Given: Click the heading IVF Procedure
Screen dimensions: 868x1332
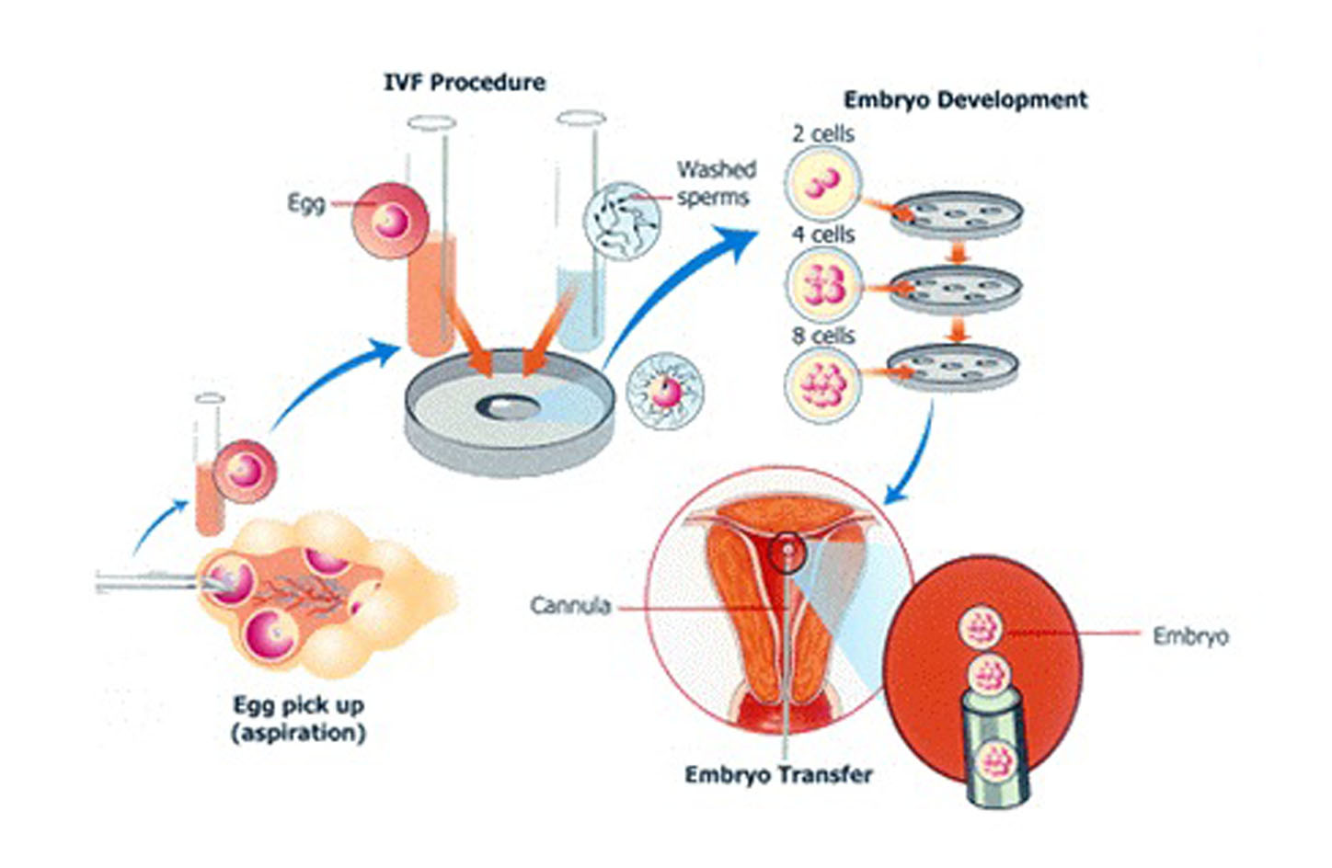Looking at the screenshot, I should point(464,83).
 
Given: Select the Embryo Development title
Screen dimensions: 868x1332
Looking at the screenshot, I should point(965,99).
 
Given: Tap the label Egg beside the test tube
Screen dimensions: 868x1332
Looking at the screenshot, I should point(305,203).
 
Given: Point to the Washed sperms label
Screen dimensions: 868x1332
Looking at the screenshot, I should point(716,183).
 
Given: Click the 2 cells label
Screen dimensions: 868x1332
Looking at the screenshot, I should point(822,134).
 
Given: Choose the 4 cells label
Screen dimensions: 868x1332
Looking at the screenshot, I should point(823,235).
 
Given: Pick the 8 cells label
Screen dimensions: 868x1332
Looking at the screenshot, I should point(823,337).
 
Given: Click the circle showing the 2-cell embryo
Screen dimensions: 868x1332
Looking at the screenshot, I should point(823,184).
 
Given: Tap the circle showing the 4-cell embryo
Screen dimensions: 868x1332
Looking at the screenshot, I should point(823,284).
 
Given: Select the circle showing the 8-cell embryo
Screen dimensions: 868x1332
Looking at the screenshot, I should point(823,385).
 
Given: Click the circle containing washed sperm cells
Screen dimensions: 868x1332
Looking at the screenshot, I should point(623,221).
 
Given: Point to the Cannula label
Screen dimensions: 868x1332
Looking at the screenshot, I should point(570,606).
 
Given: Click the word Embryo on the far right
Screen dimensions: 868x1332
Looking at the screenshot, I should point(1190,636).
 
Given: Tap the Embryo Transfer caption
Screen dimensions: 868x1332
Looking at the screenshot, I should point(778,775).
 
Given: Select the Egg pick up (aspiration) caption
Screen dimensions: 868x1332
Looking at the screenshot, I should point(299,719).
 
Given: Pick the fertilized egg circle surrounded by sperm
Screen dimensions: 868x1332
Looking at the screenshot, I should point(664,391).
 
